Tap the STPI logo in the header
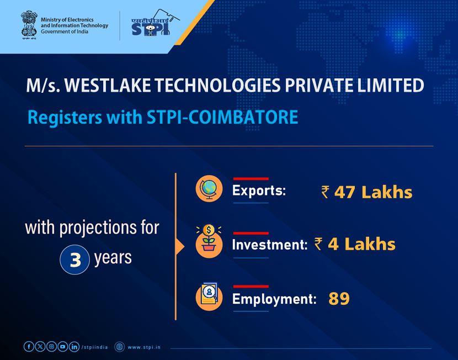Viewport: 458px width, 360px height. coord(151,25)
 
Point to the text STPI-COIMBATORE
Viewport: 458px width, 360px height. coord(238,118)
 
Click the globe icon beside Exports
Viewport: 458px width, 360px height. coord(210,189)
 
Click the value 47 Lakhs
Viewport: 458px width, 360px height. coord(373,192)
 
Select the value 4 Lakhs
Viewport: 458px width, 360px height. coord(361,244)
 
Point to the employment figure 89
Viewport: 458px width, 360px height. coord(339,299)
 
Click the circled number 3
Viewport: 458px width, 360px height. coord(74,260)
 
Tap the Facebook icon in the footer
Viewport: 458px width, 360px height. coord(29,347)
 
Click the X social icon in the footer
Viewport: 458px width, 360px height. coord(40,347)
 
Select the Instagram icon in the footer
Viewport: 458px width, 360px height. coord(51,347)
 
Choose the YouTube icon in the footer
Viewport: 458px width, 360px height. coord(63,347)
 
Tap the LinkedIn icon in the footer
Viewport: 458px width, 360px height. coord(74,347)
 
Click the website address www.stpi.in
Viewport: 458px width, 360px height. coord(144,347)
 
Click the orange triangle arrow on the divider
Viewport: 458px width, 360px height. coord(180,246)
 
